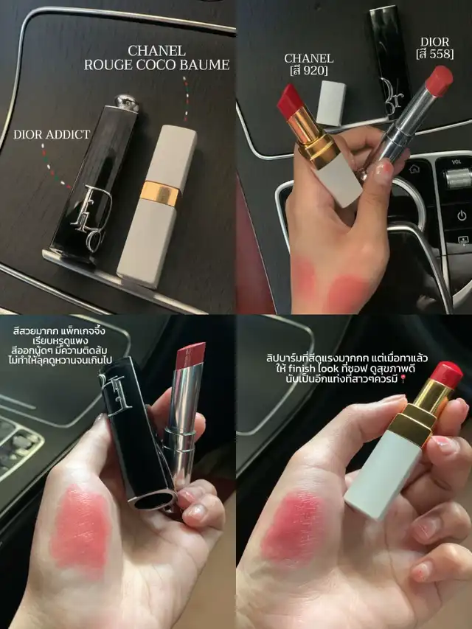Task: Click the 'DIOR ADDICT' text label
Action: point(52,134)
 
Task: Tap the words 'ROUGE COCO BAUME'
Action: point(156,65)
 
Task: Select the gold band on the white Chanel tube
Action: point(160,193)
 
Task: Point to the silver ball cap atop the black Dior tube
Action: point(127,102)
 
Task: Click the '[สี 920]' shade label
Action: point(309,71)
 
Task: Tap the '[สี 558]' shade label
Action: point(435,54)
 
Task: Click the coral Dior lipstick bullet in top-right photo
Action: point(439,80)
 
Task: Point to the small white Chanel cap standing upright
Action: point(331,102)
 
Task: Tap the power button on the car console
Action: point(462,216)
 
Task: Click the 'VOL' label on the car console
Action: point(457,162)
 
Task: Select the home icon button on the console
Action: point(414,169)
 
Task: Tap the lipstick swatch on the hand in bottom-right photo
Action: point(294,527)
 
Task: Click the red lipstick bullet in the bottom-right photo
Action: point(446,375)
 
